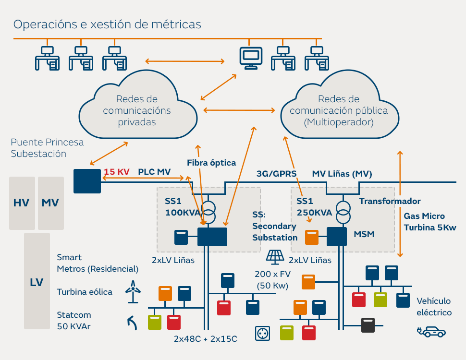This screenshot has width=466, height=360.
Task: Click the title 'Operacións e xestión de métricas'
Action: [x=107, y=24]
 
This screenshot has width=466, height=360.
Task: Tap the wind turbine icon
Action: [x=133, y=292]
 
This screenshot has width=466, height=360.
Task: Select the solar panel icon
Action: [x=275, y=257]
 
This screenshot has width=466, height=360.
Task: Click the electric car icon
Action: [x=431, y=332]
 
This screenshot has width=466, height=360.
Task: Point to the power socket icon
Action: [x=262, y=333]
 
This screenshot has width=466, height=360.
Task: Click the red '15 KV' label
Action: [x=116, y=172]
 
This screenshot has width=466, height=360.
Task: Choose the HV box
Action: [x=22, y=203]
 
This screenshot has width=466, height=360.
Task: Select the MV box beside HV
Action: [x=51, y=203]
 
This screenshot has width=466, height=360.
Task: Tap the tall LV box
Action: [x=37, y=281]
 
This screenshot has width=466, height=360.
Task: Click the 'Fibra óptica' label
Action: [x=211, y=163]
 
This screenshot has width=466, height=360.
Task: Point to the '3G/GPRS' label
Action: [x=276, y=174]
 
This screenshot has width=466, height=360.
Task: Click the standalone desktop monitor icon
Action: [x=251, y=58]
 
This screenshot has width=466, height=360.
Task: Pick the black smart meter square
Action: [x=368, y=325]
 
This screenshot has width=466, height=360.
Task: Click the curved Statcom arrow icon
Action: [x=132, y=323]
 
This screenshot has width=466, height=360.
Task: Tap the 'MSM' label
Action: [x=364, y=234]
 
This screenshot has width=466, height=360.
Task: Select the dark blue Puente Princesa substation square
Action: [x=87, y=181]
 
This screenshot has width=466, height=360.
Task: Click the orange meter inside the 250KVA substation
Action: [x=312, y=237]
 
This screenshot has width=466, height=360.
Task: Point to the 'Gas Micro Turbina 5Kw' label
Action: [x=430, y=222]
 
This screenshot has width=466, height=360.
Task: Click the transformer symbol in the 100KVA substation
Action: [x=208, y=212]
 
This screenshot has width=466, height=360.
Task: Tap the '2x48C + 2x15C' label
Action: [x=206, y=339]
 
